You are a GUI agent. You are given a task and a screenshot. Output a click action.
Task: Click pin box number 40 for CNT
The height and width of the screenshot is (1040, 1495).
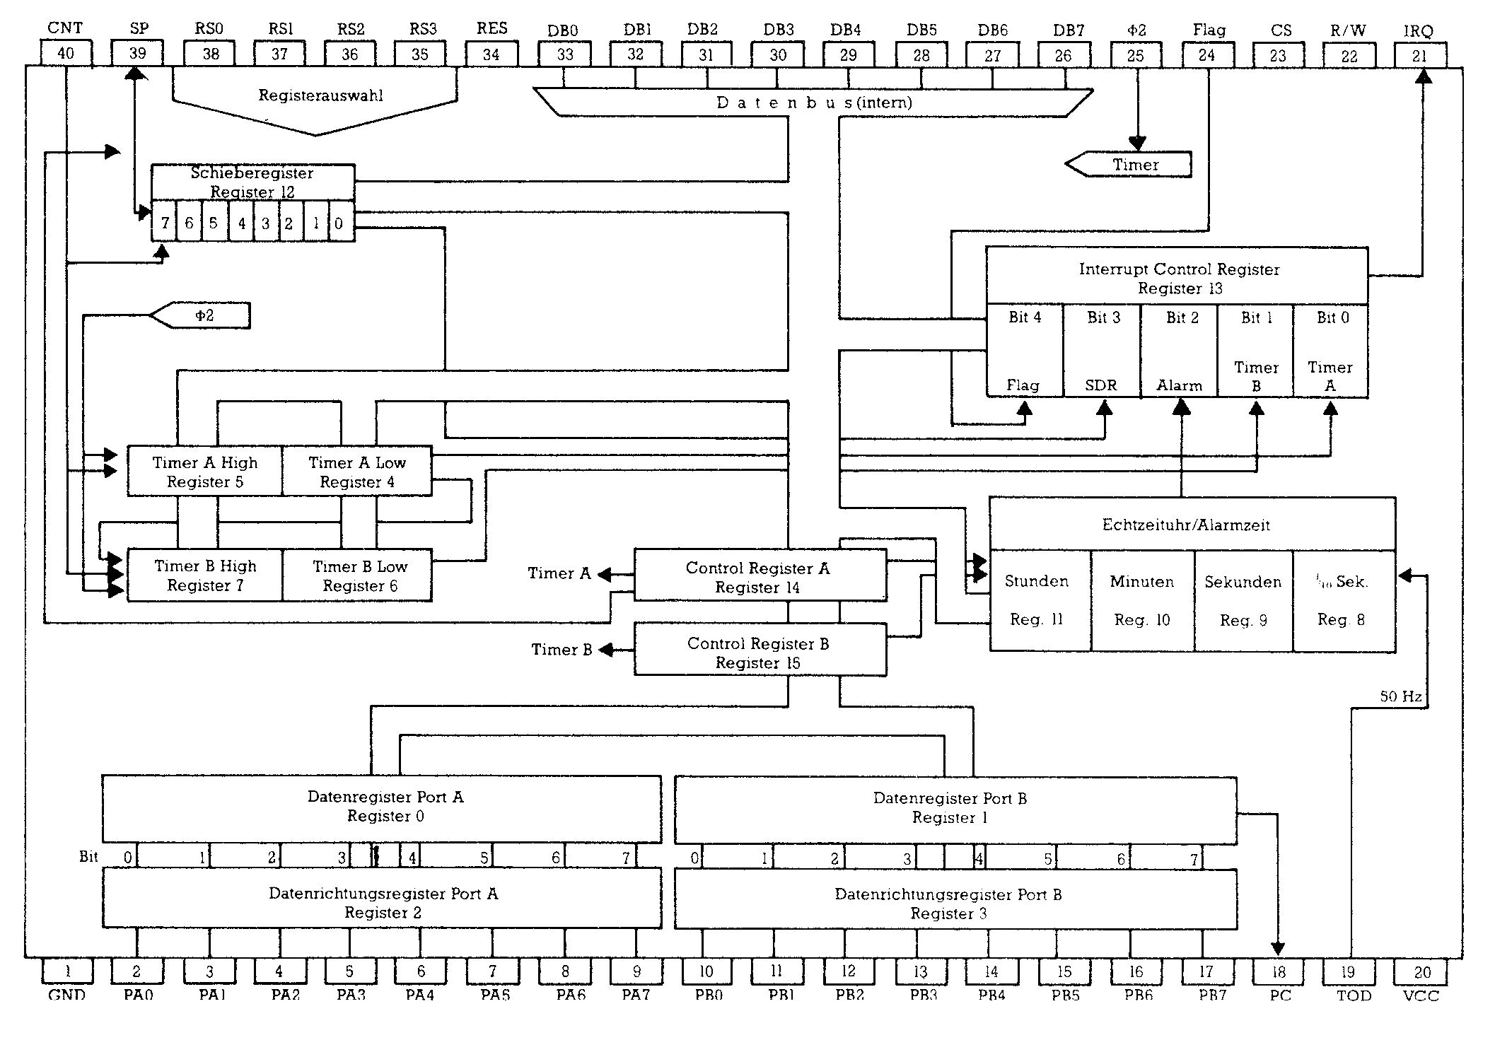coord(66,54)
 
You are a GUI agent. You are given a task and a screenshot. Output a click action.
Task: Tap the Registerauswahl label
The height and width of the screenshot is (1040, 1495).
coord(320,95)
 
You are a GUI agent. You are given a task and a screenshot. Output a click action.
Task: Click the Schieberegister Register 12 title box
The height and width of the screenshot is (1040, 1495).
coord(252,182)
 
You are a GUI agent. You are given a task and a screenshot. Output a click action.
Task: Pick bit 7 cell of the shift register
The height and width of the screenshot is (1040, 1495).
coord(165,223)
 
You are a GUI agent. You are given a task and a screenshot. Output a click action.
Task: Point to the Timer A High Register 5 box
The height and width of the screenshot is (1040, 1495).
coord(205,472)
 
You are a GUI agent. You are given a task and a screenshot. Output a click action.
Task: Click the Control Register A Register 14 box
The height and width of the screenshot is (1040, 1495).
coord(759,577)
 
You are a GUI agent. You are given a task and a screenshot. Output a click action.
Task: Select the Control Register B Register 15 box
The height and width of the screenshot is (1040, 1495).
coord(759,652)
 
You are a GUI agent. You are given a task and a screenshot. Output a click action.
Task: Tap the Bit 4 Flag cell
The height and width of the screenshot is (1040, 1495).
coord(1025,351)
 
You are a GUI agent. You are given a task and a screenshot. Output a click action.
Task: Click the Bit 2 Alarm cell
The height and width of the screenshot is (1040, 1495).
coord(1180,351)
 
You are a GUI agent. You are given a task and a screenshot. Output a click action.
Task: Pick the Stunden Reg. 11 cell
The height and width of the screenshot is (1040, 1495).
coord(1037,600)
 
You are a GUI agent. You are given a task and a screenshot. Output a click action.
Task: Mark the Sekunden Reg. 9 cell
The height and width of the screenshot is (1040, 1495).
coord(1243,600)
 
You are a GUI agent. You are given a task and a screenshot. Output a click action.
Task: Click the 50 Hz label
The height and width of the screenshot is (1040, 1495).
coord(1401,696)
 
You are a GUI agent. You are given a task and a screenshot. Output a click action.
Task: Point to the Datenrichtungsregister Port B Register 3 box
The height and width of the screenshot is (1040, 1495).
coord(949,904)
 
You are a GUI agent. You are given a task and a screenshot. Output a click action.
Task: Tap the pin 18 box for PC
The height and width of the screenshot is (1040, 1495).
coord(1279,971)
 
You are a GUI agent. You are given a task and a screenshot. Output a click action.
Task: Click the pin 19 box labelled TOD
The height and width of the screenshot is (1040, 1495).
coord(1349,971)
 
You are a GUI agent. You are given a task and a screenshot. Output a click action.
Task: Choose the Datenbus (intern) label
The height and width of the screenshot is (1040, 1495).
coord(814,103)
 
